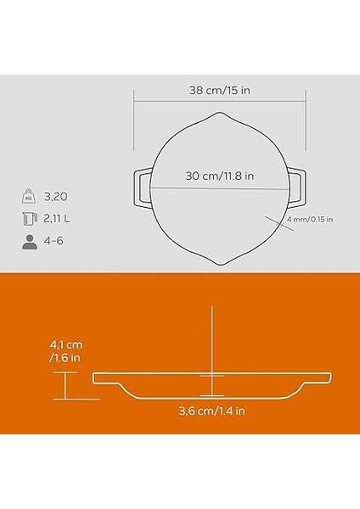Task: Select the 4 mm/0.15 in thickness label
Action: [x=311, y=220]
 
